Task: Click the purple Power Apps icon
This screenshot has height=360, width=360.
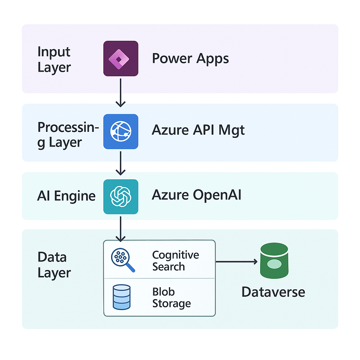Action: pos(121,58)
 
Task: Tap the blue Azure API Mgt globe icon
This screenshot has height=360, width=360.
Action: pos(121,131)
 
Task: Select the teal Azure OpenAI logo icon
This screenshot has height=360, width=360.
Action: pos(121,197)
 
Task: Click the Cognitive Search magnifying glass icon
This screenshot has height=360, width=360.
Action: pos(122,260)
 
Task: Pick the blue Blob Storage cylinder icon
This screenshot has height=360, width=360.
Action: pos(121,297)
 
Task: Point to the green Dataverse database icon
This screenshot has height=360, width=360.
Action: pos(274,261)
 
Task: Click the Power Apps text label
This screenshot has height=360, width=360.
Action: pos(190,58)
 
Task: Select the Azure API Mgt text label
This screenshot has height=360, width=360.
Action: pos(198,130)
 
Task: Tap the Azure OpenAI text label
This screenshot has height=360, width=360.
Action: pos(196,195)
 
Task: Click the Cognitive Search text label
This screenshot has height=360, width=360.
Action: pos(175,261)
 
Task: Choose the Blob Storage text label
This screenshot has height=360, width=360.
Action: pos(171,297)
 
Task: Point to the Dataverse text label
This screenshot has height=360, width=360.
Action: pos(273,292)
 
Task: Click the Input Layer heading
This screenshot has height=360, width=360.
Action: pos(54,59)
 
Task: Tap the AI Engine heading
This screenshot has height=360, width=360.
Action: pos(66,196)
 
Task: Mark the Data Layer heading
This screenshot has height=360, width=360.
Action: pos(54,265)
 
